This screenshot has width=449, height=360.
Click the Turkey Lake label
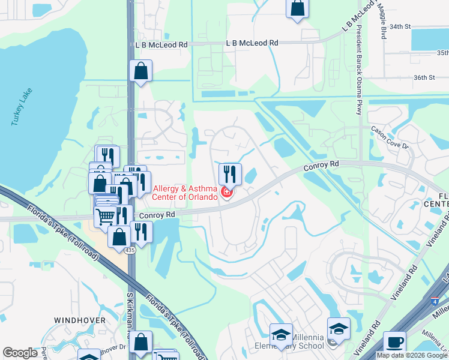[x=21, y=107]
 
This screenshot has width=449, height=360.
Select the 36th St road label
[x=423, y=77]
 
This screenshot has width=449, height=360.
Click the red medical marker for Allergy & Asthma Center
[x=227, y=192]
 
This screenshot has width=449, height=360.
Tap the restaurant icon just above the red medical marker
[x=230, y=174]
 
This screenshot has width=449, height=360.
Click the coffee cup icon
[x=394, y=341]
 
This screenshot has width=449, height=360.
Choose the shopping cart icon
[x=106, y=216]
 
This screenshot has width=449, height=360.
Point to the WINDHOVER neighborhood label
[x=80, y=320]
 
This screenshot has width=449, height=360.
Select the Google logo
[x=20, y=353]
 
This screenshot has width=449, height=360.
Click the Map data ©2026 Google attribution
[x=412, y=355]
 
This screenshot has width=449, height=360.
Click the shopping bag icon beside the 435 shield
[x=119, y=236]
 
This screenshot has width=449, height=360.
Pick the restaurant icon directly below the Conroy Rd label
[x=141, y=232]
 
